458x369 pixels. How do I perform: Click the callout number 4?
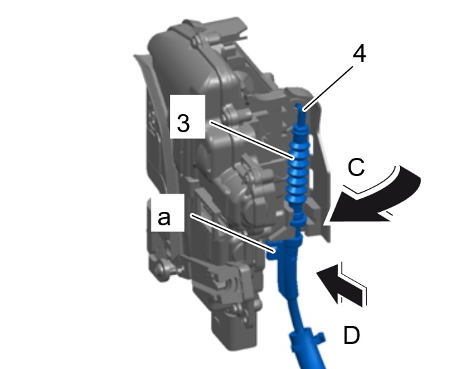click(359, 54)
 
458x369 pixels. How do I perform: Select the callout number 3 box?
click(188, 117)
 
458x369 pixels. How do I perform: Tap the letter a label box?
click(168, 213)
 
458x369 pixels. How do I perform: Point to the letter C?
click(357, 167)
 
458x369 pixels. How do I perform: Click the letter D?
click(352, 335)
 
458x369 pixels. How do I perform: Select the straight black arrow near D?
click(341, 286)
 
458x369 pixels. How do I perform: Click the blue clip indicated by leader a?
click(272, 250)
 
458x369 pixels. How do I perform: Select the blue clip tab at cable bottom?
click(320, 337)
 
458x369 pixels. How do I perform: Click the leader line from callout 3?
click(252, 140)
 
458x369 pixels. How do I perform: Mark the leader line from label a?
click(233, 233)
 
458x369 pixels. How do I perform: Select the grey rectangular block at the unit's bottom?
click(234, 330)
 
